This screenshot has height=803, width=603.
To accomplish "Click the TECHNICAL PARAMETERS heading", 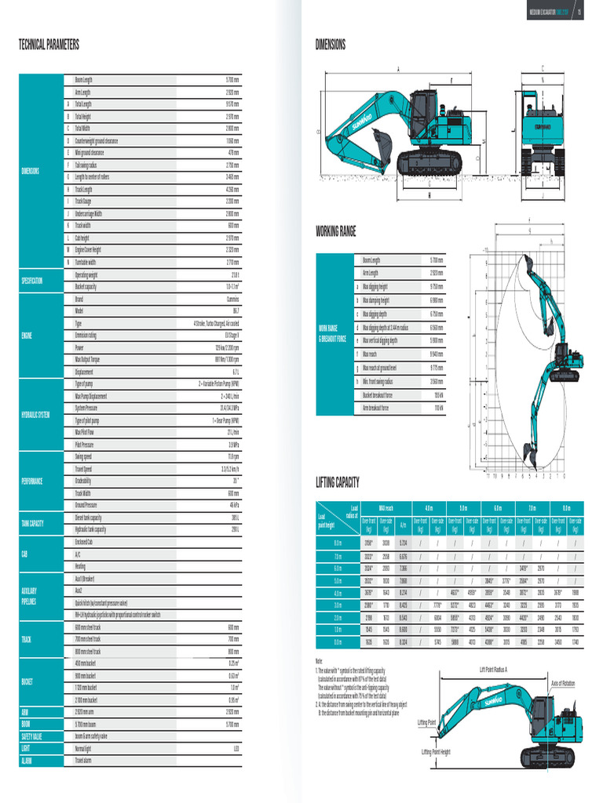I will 49,45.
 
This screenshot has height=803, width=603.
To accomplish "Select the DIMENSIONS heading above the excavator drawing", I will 331,45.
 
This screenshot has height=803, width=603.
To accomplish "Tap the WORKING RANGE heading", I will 336,231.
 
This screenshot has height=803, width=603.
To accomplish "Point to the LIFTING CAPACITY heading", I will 338,481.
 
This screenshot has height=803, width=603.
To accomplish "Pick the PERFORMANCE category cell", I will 31,481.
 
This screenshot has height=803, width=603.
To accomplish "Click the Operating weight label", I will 86,275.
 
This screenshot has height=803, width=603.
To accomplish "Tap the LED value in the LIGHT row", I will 236,749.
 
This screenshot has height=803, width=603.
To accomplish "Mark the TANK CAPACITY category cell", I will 32,523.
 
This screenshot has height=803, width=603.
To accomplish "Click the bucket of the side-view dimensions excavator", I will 382,141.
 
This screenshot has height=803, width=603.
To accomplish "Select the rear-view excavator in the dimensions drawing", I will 543,129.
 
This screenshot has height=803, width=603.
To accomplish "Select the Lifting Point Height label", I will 436,751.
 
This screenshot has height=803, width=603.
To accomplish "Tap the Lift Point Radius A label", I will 494,670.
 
